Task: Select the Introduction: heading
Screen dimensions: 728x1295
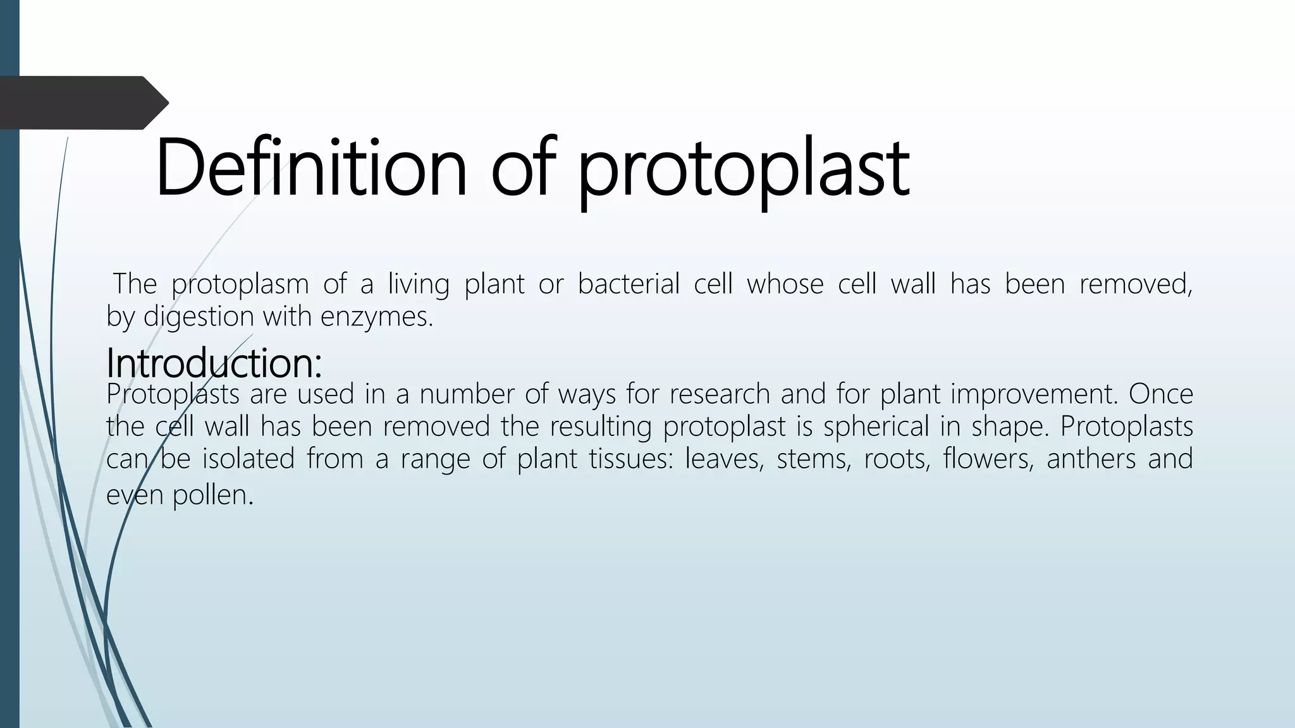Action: click(214, 363)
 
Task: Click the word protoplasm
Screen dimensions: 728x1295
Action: click(240, 284)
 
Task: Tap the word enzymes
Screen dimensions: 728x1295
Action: click(377, 316)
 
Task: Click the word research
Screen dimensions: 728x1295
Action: click(720, 394)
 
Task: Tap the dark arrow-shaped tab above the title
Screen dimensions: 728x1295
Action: click(82, 102)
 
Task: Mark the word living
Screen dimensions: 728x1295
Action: click(418, 284)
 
